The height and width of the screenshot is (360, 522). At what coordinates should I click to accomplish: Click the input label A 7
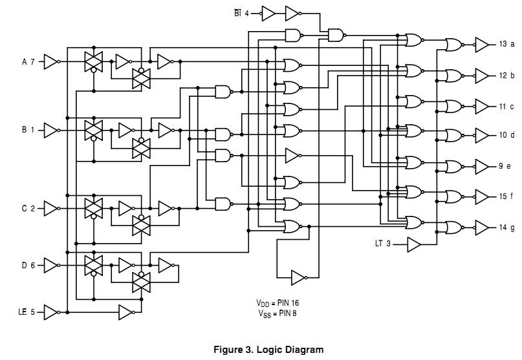click(x=28, y=62)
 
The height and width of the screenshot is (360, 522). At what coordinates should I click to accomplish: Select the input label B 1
click(x=28, y=130)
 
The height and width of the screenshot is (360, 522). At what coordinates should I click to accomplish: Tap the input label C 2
click(x=28, y=208)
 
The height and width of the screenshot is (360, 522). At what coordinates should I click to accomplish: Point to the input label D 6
click(x=28, y=265)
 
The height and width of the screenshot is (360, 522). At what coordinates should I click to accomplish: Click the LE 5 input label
click(x=27, y=312)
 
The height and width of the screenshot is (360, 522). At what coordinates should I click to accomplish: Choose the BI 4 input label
click(x=242, y=13)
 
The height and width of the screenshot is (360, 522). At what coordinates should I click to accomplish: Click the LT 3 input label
click(x=383, y=244)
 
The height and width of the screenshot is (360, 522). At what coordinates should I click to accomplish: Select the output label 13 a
click(x=506, y=44)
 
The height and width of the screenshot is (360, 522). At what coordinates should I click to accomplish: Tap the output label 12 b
click(x=506, y=75)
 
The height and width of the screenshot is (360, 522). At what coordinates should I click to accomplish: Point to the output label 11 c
click(x=506, y=106)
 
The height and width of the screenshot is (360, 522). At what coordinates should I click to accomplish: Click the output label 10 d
click(x=506, y=135)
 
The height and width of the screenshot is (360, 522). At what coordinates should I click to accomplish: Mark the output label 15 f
click(x=506, y=196)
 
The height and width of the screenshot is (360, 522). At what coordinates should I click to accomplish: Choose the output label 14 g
click(x=506, y=227)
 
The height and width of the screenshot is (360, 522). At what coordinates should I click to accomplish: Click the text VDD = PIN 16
click(x=277, y=302)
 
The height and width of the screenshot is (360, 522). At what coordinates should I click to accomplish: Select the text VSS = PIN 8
click(x=277, y=313)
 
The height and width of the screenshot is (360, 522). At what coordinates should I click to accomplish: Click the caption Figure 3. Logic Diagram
click(x=268, y=350)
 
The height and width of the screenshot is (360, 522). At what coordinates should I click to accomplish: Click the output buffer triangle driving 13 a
click(x=483, y=44)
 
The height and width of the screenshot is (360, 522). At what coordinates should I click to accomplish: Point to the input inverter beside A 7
click(x=51, y=62)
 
